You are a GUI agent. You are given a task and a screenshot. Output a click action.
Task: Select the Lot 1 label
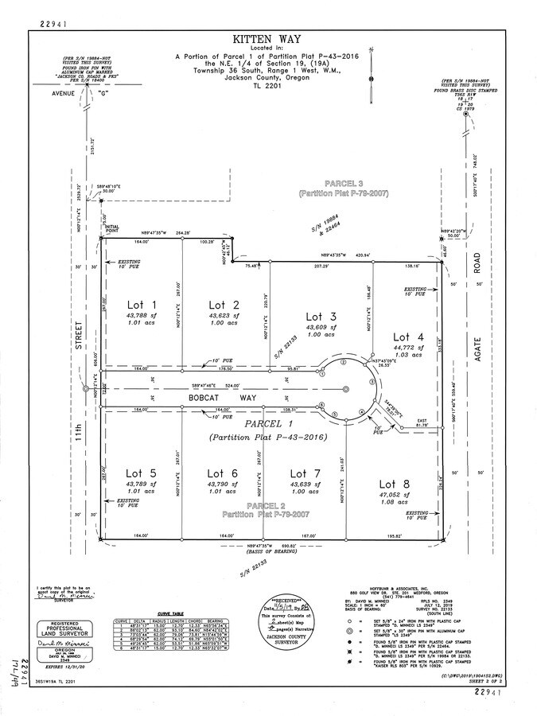(x=142, y=305)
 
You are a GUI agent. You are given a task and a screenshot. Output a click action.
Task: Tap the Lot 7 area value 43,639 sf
(x=305, y=484)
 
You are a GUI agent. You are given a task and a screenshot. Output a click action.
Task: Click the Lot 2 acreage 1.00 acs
(x=224, y=323)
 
